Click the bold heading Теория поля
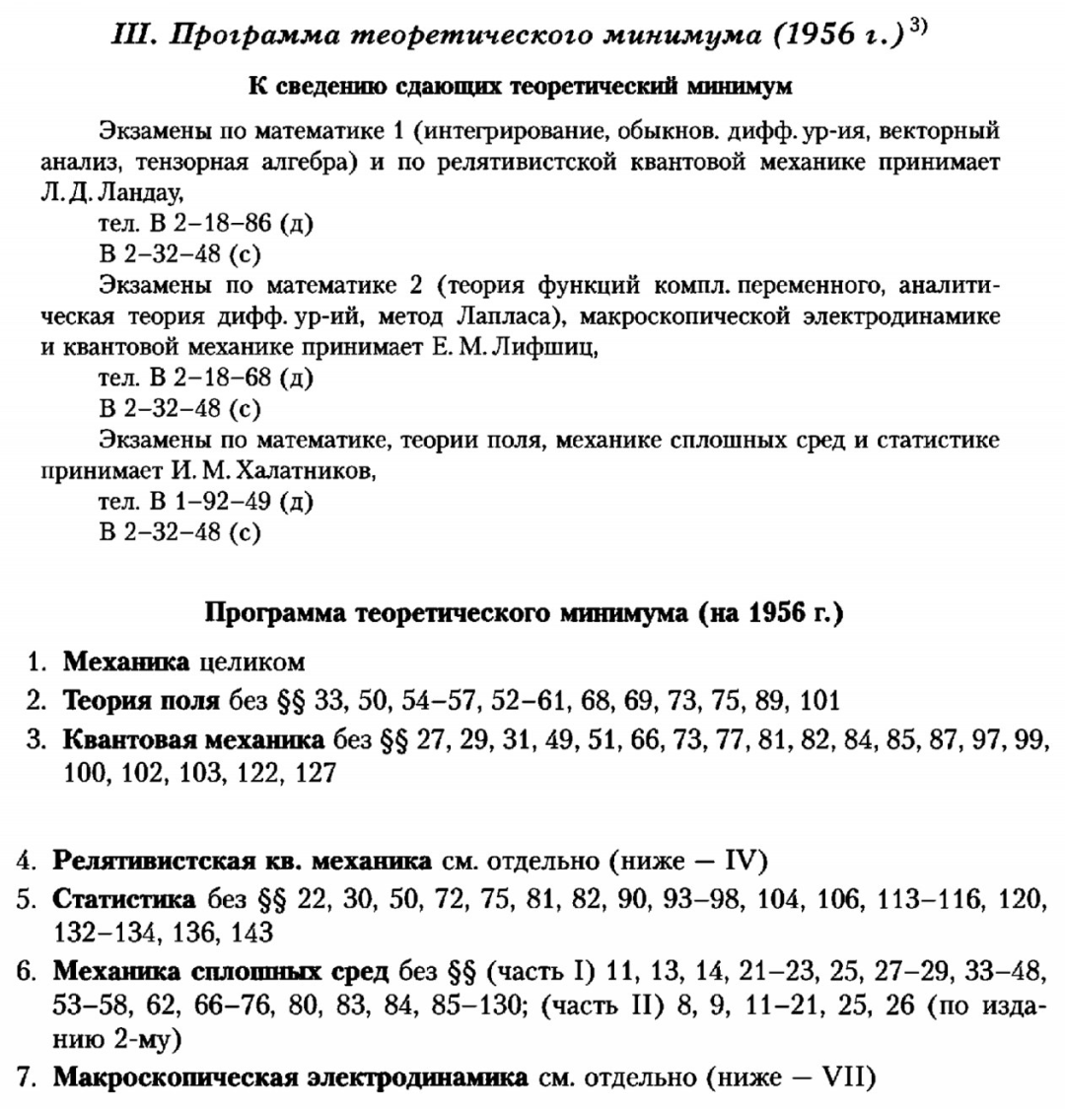[142, 701]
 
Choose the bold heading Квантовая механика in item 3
[193, 740]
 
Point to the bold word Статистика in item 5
[123, 899]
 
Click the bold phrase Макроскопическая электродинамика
[290, 1076]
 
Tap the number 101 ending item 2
[819, 701]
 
